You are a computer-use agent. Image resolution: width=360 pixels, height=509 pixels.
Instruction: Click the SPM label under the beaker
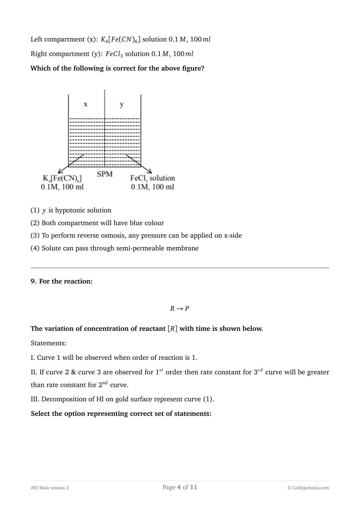pyautogui.click(x=105, y=174)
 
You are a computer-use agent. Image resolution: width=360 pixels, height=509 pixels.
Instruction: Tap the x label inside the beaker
pyautogui.click(x=85, y=104)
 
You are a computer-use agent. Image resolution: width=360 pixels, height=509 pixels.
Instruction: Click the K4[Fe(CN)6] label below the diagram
pyautogui.click(x=62, y=178)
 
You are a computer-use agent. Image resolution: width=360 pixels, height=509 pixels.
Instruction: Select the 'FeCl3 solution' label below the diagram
pyautogui.click(x=152, y=178)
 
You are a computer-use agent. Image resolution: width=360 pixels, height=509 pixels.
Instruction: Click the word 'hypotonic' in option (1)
pyautogui.click(x=69, y=210)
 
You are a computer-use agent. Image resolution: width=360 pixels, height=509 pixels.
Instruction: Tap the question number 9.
pyautogui.click(x=33, y=281)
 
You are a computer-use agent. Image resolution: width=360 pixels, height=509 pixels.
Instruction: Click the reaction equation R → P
pyautogui.click(x=179, y=308)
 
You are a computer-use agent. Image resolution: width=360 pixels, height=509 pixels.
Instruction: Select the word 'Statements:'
pyautogui.click(x=48, y=343)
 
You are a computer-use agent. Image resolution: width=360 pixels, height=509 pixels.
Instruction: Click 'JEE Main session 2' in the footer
pyautogui.click(x=50, y=488)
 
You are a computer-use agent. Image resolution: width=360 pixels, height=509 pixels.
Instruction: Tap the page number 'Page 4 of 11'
pyautogui.click(x=180, y=487)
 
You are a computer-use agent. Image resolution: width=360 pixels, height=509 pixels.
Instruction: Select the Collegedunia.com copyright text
pyautogui.click(x=308, y=488)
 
